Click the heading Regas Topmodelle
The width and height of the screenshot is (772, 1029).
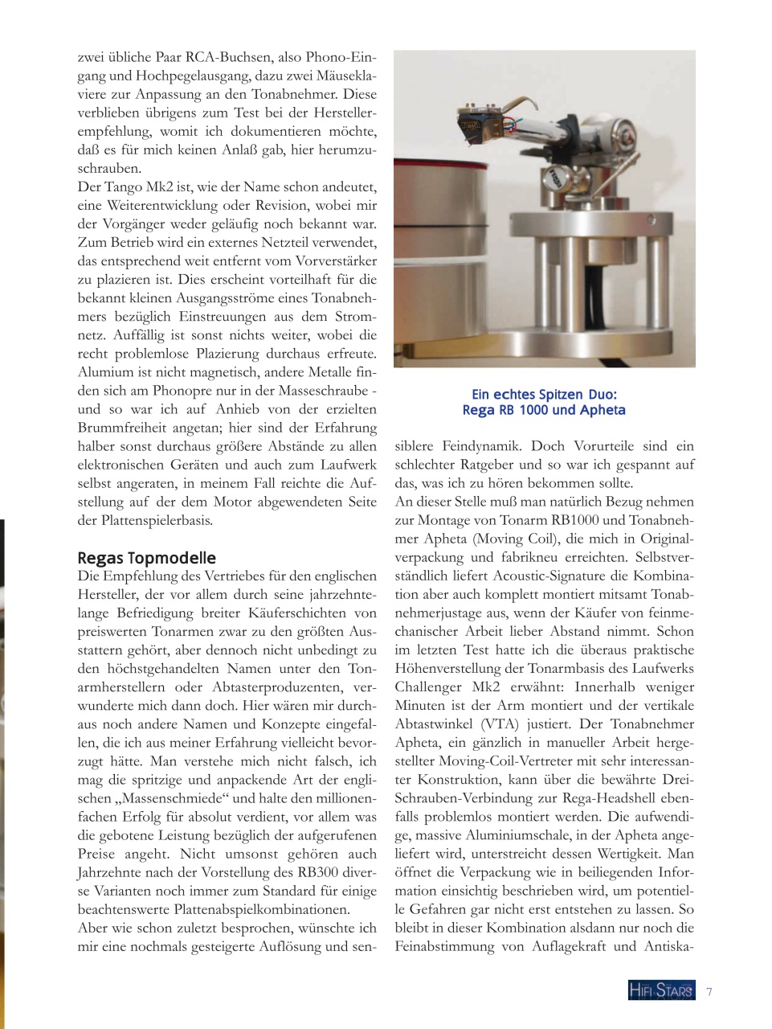click(146, 558)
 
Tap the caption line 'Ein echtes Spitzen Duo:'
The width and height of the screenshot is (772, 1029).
click(544, 394)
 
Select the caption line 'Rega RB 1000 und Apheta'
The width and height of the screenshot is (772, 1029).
click(544, 410)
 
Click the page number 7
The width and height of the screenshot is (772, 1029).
click(709, 991)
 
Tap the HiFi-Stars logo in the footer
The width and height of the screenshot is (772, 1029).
click(661, 991)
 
